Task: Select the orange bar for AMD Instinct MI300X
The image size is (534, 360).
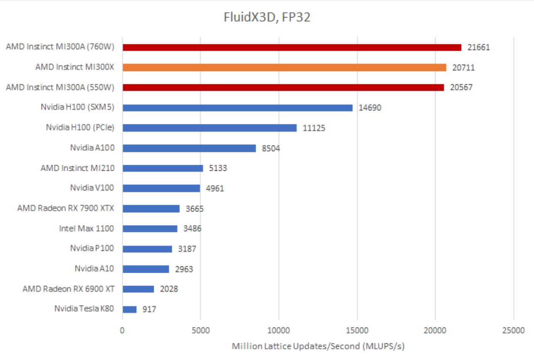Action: tap(284, 67)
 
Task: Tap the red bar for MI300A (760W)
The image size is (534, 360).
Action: tap(292, 47)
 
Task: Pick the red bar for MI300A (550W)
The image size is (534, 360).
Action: tap(283, 87)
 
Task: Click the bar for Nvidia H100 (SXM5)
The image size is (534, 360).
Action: tap(237, 107)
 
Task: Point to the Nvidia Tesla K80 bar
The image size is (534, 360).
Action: tap(129, 309)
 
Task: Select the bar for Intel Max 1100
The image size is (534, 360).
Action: tap(150, 229)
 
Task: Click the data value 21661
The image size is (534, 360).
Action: tap(478, 48)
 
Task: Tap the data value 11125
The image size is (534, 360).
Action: tap(314, 128)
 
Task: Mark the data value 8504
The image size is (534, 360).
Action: tap(271, 148)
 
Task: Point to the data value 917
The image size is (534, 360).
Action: tap(149, 309)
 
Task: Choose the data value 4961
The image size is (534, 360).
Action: tap(215, 188)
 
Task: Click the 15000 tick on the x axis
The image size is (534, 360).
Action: tap(357, 330)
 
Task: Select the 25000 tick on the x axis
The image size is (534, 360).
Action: tap(513, 330)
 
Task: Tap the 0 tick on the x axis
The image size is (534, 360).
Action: tap(122, 330)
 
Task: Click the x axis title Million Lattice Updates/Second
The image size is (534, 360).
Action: tap(318, 346)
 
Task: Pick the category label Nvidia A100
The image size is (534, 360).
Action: tap(92, 148)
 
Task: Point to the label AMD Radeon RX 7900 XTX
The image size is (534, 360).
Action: tap(66, 208)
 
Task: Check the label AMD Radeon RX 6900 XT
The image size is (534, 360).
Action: tap(69, 289)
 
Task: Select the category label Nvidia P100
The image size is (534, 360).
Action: tap(92, 248)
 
